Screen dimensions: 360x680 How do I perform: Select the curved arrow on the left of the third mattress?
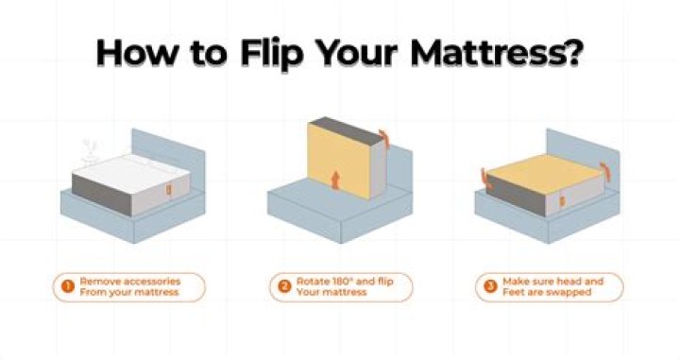point(484,177)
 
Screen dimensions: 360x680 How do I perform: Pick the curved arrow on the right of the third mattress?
point(605,170)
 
